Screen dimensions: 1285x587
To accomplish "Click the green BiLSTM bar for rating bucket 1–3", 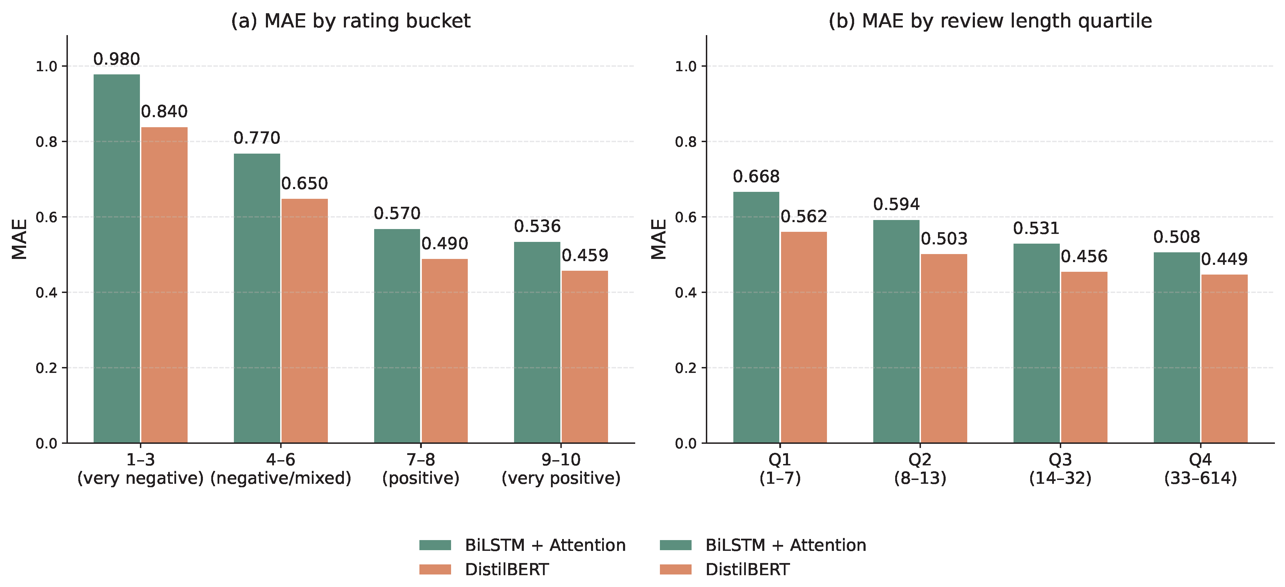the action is coord(117,259).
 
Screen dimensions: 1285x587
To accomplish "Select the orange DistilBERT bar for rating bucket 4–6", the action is coord(304,321).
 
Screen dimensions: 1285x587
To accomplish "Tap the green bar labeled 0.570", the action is coord(397,336).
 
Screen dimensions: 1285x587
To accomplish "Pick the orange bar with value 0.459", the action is coord(585,357).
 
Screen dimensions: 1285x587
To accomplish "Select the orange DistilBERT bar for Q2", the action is coord(944,348).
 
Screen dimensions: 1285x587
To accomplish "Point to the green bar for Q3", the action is coord(1036,343).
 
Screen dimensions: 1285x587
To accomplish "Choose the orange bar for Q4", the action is coord(1224,359).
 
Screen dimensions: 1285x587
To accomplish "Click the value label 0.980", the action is coord(117,59).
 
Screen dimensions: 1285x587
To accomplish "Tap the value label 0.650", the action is coord(304,184).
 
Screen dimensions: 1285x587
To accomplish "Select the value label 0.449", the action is coord(1224,259).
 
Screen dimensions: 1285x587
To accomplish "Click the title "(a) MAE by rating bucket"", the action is coord(351,21).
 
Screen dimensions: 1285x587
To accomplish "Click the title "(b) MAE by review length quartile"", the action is coord(990,21).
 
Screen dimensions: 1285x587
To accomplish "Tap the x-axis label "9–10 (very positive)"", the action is coord(561,468).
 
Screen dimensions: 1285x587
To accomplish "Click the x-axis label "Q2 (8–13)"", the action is coord(920,468).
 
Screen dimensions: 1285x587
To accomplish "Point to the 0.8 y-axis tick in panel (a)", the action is coord(46,142).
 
